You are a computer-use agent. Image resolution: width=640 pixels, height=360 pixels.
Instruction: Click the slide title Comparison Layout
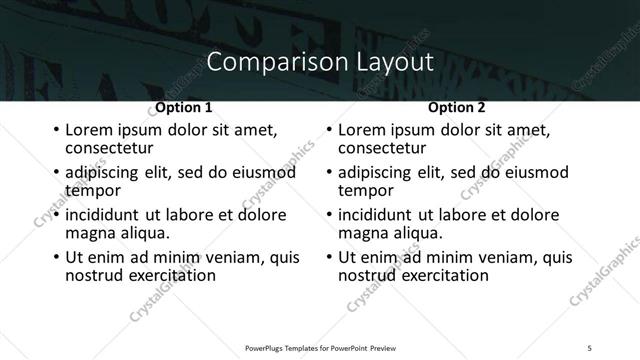[319, 62]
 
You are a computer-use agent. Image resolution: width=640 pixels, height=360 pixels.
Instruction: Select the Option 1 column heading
[184, 107]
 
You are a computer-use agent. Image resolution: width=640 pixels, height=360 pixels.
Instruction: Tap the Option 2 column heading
[457, 107]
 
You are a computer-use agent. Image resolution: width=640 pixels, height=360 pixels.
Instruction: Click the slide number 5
[589, 347]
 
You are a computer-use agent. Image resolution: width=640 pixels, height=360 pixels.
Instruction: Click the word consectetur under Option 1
[107, 147]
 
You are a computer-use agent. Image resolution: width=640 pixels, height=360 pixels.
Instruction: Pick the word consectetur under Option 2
[380, 147]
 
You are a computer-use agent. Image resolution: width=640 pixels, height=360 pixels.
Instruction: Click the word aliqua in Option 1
[143, 232]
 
